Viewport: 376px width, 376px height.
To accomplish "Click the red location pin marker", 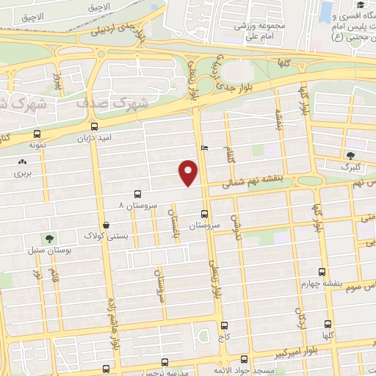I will pos(189,173).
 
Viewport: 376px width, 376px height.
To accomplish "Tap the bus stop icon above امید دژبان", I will pos(93,125).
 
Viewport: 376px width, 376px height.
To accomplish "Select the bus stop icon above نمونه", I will pos(37,134).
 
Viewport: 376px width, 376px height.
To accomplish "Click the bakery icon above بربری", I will pos(23,162).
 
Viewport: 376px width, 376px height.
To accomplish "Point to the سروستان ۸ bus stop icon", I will pos(137,194).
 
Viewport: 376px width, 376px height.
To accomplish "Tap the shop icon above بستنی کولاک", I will pos(107,225).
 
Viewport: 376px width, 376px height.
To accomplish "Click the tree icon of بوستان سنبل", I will pos(49,239).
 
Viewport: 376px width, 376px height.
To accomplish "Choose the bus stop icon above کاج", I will pos(224,325).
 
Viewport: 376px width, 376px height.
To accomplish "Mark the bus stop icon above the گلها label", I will pos(328,323).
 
